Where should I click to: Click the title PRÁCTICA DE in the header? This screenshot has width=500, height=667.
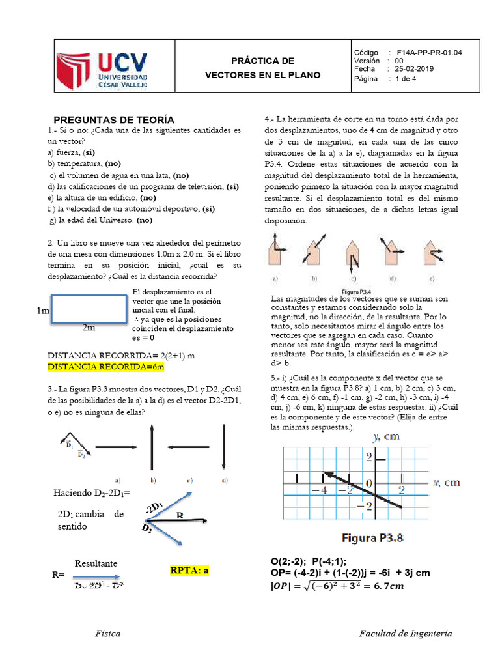click(263, 61)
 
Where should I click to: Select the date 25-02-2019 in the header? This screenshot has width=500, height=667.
click(410, 69)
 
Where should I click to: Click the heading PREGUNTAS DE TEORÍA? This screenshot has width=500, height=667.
click(114, 119)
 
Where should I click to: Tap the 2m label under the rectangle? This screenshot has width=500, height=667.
click(89, 328)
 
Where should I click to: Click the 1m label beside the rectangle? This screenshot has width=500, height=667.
click(43, 312)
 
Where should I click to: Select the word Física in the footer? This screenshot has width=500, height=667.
click(107, 633)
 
